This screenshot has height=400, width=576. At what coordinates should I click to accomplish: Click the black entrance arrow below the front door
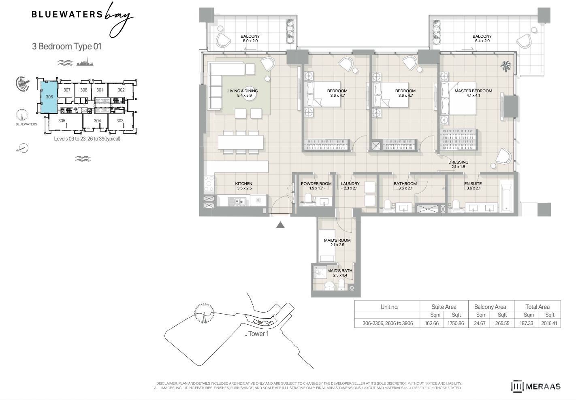pyautogui.click(x=280, y=225)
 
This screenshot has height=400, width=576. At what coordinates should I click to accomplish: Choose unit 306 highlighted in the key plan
pyautogui.click(x=49, y=97)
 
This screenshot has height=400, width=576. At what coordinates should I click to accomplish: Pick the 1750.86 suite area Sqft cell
pyautogui.click(x=456, y=323)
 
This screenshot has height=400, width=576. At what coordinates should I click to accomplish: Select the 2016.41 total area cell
pyautogui.click(x=549, y=323)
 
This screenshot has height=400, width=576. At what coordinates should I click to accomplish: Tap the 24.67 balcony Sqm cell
pyautogui.click(x=480, y=323)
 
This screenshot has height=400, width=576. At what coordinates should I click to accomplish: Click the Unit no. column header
pyautogui.click(x=389, y=307)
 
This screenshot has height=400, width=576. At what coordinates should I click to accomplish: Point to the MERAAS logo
pyautogui.click(x=536, y=386)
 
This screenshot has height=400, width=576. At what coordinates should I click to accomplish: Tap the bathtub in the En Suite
pyautogui.click(x=506, y=197)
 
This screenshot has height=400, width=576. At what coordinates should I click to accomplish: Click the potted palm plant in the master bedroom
pyautogui.click(x=506, y=66)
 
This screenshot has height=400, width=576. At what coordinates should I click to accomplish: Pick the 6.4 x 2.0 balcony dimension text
pyautogui.click(x=482, y=40)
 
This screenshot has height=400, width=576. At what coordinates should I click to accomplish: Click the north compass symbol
pyautogui.click(x=23, y=148)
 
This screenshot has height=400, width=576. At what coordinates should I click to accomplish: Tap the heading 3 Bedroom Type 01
pyautogui.click(x=66, y=46)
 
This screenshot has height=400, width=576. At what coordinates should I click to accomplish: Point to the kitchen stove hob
pyautogui.click(x=209, y=183)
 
